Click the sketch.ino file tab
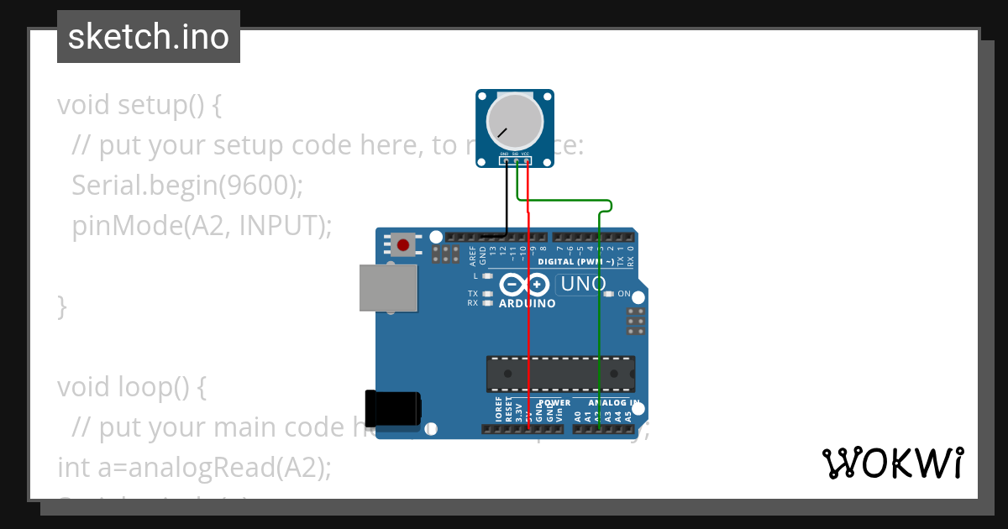[149, 37]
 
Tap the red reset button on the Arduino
[403, 245]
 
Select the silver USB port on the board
[388, 288]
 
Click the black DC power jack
[393, 407]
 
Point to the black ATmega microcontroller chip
[560, 374]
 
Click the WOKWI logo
[892, 463]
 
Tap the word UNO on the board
[583, 284]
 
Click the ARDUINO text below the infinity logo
[527, 303]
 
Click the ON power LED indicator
[623, 294]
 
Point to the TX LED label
[473, 294]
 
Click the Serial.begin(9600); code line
[186, 186]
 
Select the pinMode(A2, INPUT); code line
[202, 226]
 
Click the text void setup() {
[139, 105]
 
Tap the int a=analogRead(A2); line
[194, 467]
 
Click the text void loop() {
[131, 387]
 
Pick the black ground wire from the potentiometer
[506, 202]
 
